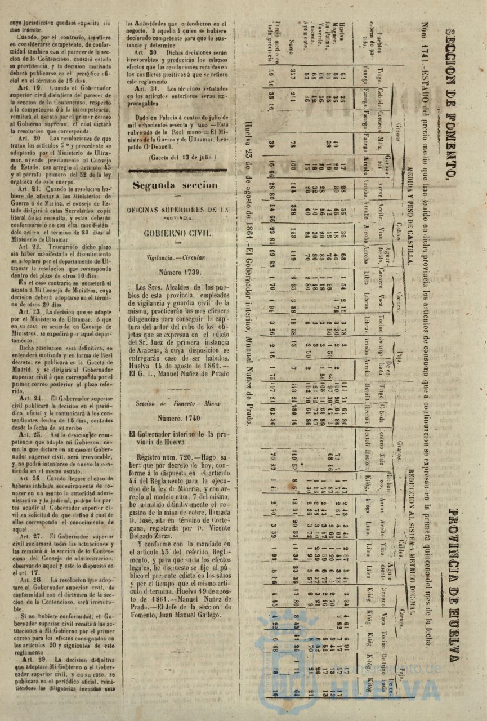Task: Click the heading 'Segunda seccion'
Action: [x=175, y=185]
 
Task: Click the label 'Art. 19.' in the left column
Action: [x=30, y=88]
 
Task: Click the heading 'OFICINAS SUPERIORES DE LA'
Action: [x=177, y=210]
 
